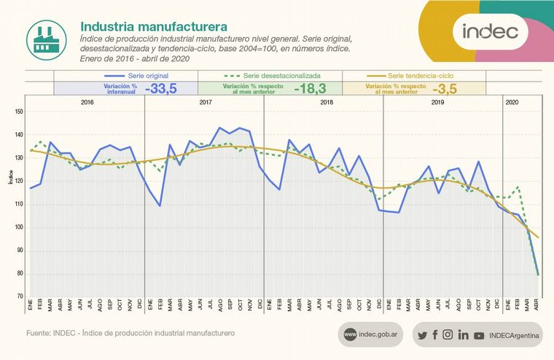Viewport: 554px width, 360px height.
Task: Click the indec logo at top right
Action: (490, 31)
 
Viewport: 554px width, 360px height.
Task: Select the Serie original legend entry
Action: (137, 75)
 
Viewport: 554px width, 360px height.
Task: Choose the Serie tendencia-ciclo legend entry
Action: (410, 75)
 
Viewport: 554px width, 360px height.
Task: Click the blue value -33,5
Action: (165, 88)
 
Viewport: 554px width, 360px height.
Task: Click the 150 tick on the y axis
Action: (19, 111)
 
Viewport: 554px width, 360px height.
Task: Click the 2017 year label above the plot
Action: (205, 103)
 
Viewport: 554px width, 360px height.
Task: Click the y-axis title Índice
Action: (11, 177)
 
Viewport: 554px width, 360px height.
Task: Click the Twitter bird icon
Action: (422, 335)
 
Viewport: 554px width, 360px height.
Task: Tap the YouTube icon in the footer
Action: (478, 335)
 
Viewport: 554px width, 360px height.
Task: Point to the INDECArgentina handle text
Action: (514, 335)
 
